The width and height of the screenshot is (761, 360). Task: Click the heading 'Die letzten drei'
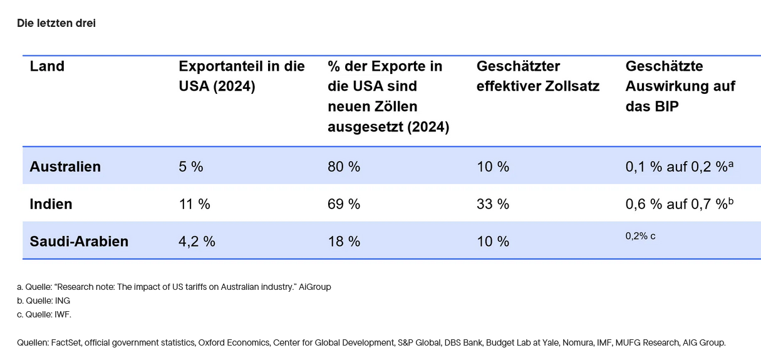56,23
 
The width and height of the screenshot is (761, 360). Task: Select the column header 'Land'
47,66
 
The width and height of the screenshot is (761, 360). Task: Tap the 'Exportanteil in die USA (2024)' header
242,76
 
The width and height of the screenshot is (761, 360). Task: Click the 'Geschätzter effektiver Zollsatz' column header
537,76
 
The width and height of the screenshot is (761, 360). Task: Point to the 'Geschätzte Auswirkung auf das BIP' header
680,86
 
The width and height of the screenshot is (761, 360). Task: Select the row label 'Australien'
65,167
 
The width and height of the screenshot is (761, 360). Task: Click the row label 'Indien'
51,204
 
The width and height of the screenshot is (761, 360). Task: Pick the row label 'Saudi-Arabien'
79,242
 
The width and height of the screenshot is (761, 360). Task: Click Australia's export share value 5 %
191,167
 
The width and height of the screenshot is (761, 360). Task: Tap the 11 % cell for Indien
194,204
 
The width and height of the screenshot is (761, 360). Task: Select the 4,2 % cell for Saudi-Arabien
197,242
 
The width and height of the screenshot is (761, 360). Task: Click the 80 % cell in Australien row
344,167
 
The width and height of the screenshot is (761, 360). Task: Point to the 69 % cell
344,204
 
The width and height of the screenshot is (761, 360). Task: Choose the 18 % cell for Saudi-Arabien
344,242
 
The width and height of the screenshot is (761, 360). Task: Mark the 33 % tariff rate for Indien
493,204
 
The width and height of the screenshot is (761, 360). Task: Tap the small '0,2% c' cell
640,236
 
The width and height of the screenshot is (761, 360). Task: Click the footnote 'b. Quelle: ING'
44,301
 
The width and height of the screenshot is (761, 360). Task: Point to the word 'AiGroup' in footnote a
314,287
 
